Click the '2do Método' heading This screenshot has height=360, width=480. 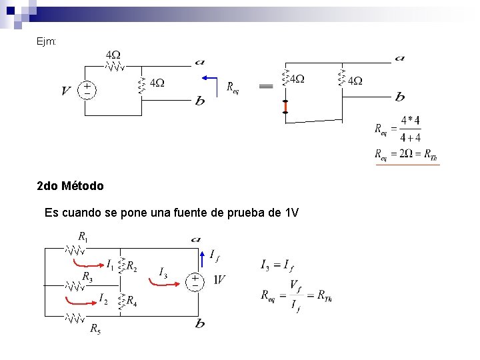(70, 186)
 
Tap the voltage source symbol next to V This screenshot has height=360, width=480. (87, 90)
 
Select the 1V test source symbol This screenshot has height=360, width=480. (195, 281)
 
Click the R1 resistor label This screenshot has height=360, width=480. (83, 237)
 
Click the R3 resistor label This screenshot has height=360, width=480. (87, 276)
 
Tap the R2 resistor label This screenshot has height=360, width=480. (132, 267)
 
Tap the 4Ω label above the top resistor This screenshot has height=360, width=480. (113, 54)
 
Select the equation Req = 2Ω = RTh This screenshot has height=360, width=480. (405, 155)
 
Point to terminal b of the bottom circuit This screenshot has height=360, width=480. (199, 324)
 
